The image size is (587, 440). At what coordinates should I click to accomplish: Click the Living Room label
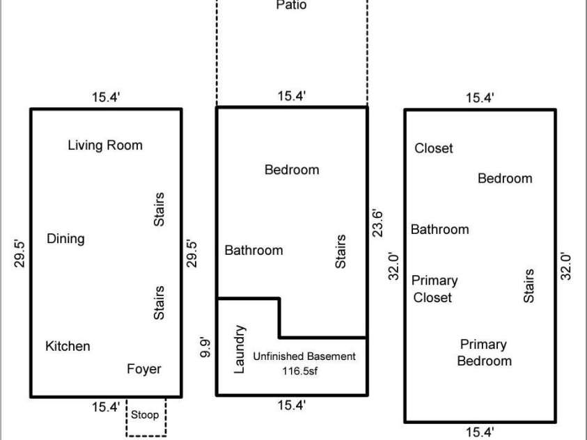click(x=105, y=146)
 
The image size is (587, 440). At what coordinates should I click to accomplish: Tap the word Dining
click(x=65, y=239)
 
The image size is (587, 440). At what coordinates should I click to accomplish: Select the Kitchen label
click(x=68, y=346)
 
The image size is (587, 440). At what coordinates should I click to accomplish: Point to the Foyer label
click(x=144, y=369)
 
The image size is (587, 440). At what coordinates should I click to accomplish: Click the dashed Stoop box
click(x=127, y=417)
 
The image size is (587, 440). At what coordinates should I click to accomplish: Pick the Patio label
click(x=291, y=6)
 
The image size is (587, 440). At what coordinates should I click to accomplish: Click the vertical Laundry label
click(x=240, y=349)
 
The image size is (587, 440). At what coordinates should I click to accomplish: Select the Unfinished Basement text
click(x=304, y=356)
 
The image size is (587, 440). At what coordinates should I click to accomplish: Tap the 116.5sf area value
click(x=300, y=371)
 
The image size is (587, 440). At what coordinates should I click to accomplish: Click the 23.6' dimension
click(x=377, y=223)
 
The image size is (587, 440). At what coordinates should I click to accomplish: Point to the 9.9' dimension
click(x=205, y=347)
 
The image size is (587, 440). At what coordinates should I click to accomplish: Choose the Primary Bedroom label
click(x=484, y=352)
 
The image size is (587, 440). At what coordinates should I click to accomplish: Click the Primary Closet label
click(x=435, y=289)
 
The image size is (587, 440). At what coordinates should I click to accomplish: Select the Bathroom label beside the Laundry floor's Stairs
click(x=254, y=251)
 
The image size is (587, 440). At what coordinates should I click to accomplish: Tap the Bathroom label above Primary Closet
click(x=440, y=229)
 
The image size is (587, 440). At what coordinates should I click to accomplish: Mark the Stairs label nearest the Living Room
click(x=159, y=210)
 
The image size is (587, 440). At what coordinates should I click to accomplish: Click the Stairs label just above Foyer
click(x=159, y=303)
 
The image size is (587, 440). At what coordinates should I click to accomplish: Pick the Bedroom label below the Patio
click(x=292, y=170)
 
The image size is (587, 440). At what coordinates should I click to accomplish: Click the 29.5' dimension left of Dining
click(x=19, y=253)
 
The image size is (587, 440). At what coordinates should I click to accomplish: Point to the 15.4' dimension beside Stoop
click(x=106, y=407)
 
